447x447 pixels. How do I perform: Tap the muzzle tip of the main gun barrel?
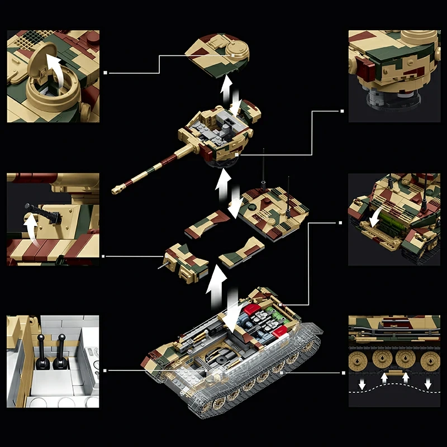[x=115, y=189]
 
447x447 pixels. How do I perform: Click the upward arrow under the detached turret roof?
[x=226, y=89]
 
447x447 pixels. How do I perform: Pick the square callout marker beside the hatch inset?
[x=105, y=72]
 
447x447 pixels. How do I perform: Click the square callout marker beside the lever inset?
[x=105, y=369]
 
